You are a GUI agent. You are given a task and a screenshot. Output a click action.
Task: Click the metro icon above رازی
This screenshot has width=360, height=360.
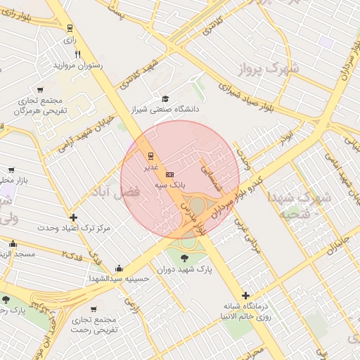tap(69, 27)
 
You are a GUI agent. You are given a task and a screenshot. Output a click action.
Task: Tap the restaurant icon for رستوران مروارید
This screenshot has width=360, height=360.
tap(77, 54)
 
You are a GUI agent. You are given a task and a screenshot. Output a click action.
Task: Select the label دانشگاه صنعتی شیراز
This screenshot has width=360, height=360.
tap(165, 110)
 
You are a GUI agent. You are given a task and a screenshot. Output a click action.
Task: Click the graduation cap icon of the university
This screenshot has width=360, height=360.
tap(165, 99)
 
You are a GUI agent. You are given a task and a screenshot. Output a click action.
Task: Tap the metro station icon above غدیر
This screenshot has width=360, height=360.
tap(150, 155)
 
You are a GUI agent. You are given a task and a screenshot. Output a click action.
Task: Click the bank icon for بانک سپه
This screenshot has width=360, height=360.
tap(169, 174)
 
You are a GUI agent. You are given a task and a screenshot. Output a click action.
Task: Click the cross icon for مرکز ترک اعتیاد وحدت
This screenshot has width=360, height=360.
tap(73, 217)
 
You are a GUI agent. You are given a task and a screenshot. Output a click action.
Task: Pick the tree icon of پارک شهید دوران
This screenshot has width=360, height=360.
tap(184, 257)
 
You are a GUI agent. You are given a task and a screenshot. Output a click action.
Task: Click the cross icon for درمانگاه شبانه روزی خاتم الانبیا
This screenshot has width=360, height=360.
tap(245, 295)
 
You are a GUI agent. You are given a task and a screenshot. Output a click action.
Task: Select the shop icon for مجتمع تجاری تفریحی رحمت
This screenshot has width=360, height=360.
tap(94, 309)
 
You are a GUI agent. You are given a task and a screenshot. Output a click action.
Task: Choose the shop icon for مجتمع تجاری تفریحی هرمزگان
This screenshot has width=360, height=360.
tap(39, 90)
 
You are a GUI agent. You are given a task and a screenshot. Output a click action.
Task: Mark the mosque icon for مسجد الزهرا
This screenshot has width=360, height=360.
tap(13, 244)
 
